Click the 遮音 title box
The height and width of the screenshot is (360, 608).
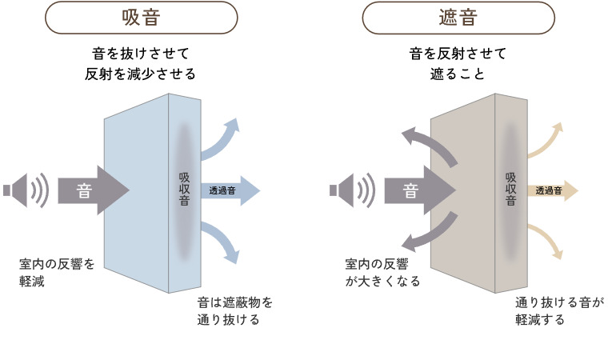tap(458, 16)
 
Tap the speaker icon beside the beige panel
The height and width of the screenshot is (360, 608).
tap(352, 190)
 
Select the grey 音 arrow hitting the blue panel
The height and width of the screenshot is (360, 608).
tap(92, 190)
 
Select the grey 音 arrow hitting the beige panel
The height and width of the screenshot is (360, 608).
tap(418, 190)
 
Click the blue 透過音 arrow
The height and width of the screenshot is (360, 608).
tap(232, 190)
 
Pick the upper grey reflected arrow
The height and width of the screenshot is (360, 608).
tap(427, 146)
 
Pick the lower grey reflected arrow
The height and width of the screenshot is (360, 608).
tap(427, 234)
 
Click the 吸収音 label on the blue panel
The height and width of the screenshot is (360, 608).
tap(184, 190)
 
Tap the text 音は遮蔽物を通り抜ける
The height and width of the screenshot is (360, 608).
tap(234, 311)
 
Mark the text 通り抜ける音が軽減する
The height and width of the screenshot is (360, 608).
tap(560, 311)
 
